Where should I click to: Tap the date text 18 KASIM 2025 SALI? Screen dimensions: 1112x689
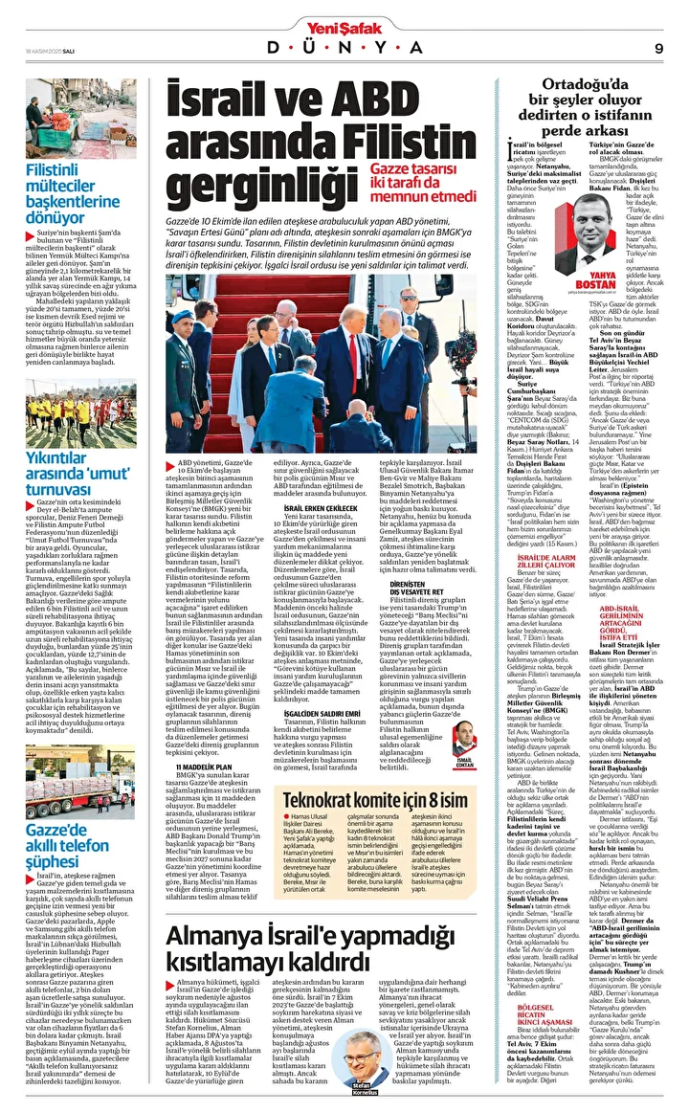43,48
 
